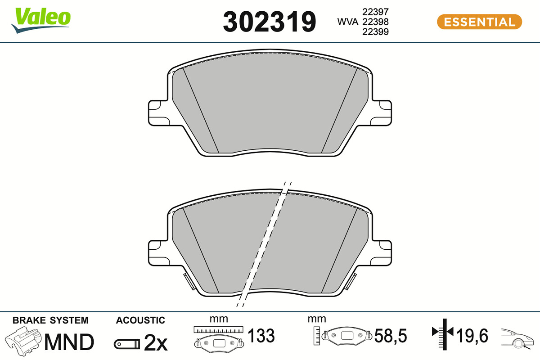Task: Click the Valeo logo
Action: [41, 21]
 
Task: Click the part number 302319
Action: [269, 22]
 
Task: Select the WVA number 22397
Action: [375, 12]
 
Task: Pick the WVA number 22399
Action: [375, 31]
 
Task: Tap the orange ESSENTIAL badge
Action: [479, 22]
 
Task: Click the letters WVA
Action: [347, 22]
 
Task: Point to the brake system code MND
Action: [69, 342]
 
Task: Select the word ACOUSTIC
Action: [140, 320]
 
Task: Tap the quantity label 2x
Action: [156, 343]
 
